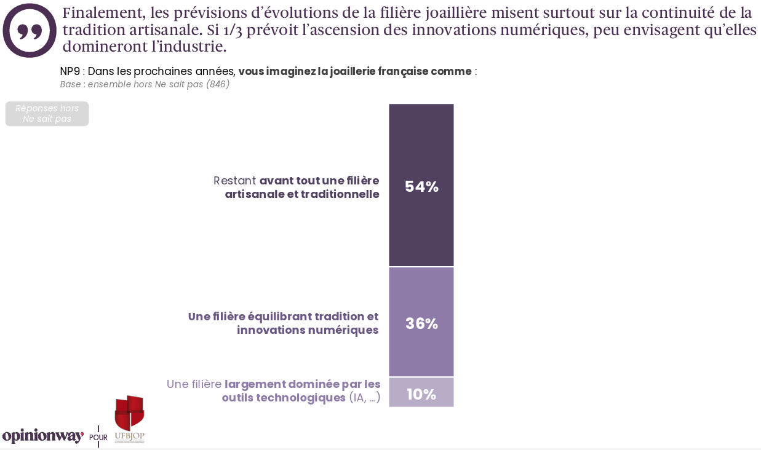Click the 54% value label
pos(421,187)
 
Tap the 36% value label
pos(421,323)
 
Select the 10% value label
pos(421,394)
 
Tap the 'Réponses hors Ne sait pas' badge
pos(47,114)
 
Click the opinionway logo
pos(42,436)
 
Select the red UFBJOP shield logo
pos(129,412)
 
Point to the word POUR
pos(98,438)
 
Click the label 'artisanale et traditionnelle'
pos(301,194)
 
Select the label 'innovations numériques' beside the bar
pos(308,330)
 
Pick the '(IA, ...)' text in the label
pos(365,398)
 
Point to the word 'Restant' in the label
pos(234,181)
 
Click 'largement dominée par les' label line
pos(303,384)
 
